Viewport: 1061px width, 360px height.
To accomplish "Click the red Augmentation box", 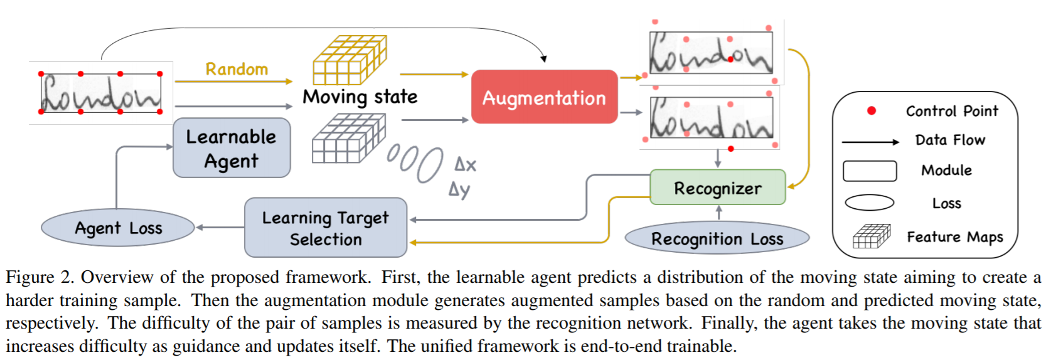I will click(544, 97).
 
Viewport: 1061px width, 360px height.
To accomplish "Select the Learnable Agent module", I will click(232, 148).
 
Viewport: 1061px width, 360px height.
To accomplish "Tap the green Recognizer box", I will click(717, 188).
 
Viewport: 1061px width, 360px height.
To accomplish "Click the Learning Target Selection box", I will click(326, 228).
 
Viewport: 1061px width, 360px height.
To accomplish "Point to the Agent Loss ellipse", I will click(118, 228).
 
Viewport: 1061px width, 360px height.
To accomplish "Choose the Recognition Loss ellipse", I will click(717, 238).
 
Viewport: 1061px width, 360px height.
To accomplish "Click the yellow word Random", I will click(237, 69).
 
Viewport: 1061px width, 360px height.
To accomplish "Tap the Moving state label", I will click(360, 97).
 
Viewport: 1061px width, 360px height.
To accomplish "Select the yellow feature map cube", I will click(349, 60).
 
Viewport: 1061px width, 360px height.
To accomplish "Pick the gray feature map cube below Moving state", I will click(348, 139).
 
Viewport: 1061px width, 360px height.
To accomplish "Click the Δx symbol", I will click(465, 165).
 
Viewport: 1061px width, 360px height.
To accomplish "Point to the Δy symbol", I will click(459, 189).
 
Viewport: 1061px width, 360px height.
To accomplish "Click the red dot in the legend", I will click(871, 111).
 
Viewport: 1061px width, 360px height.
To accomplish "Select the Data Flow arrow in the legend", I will click(870, 142).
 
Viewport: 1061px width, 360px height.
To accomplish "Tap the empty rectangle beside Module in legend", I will click(870, 171).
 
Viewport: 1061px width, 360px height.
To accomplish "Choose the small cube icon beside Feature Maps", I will click(872, 236).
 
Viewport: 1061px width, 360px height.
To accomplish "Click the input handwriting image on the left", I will click(100, 93).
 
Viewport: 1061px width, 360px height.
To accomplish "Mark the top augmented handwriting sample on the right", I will click(711, 53).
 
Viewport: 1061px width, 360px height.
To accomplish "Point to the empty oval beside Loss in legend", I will click(870, 203).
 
